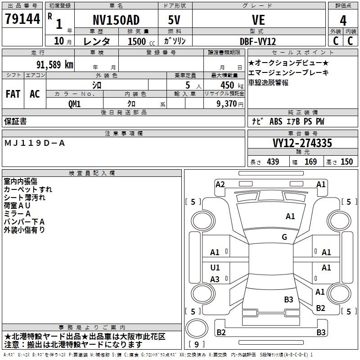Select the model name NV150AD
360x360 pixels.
pos(116,20)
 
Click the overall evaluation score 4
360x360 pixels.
pos(343,20)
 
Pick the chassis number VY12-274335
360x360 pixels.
pos(302,143)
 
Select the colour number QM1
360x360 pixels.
pos(74,103)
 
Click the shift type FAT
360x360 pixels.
pos(13,94)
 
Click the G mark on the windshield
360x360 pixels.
pos(284,237)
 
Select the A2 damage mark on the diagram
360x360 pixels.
pos(220,184)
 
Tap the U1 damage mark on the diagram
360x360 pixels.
pos(215,268)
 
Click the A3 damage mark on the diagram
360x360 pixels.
pos(215,279)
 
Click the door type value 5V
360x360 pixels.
pos(175,20)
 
